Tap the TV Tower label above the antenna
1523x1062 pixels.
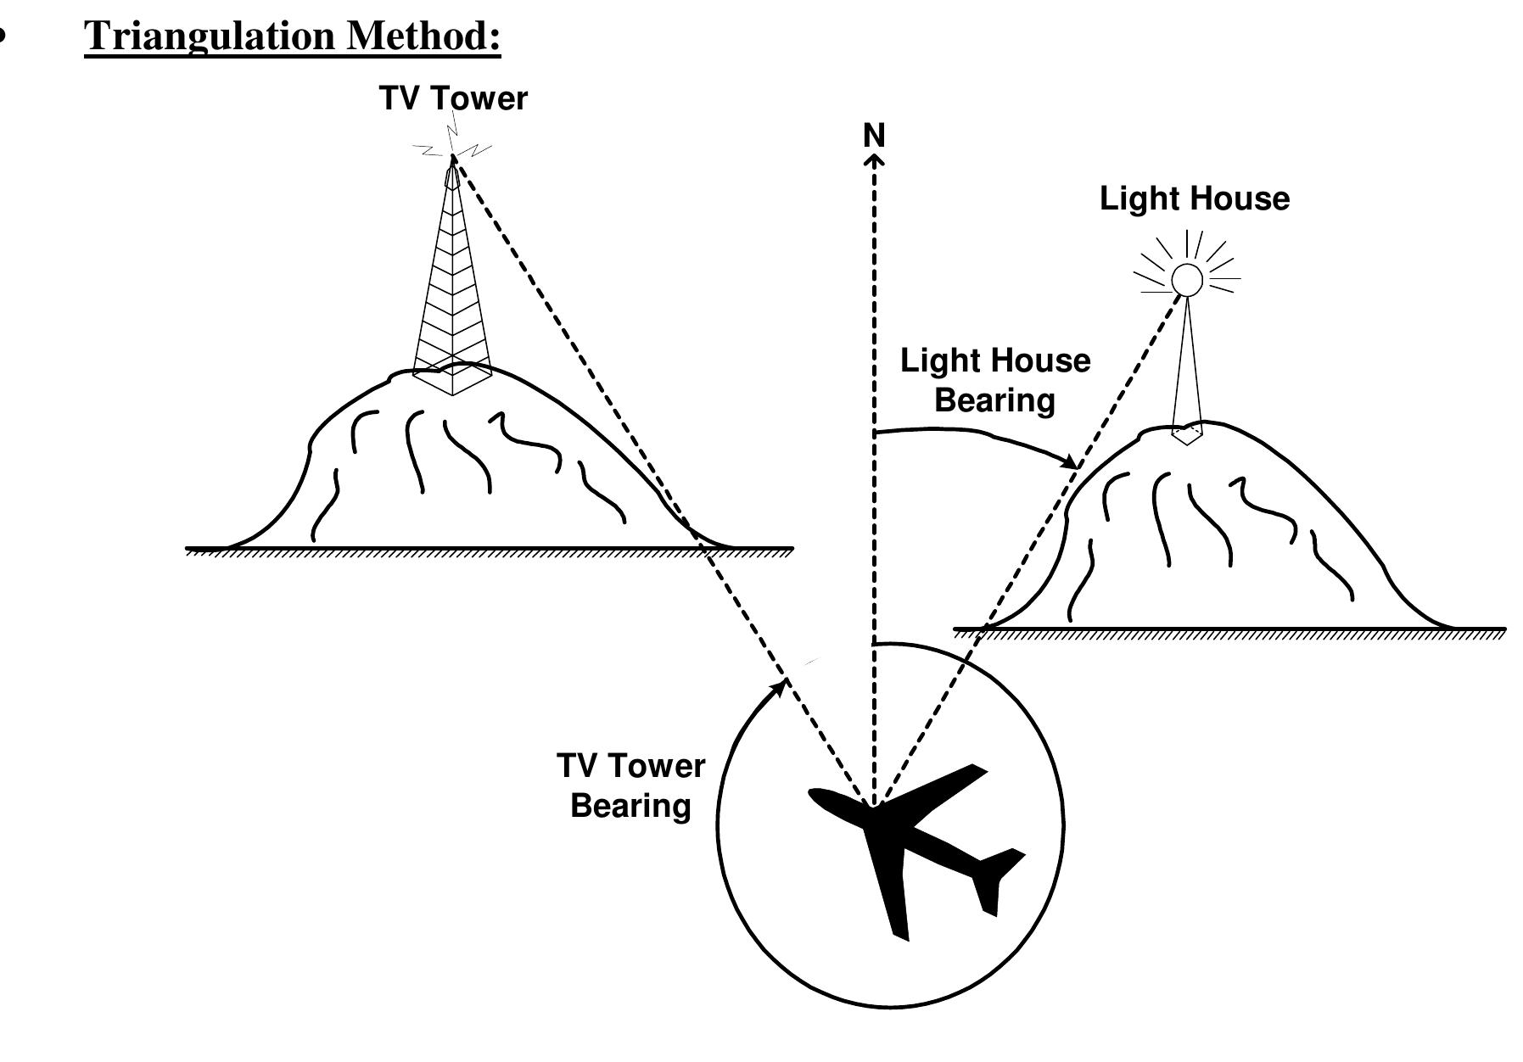point(453,99)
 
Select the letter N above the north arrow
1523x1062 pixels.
point(873,136)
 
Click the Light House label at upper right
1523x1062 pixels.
point(1194,199)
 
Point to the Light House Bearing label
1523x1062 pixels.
point(994,380)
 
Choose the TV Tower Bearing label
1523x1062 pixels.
point(630,785)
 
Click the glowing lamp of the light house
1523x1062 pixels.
point(1186,279)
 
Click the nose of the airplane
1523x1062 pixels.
point(815,794)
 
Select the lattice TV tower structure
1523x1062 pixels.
point(452,280)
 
